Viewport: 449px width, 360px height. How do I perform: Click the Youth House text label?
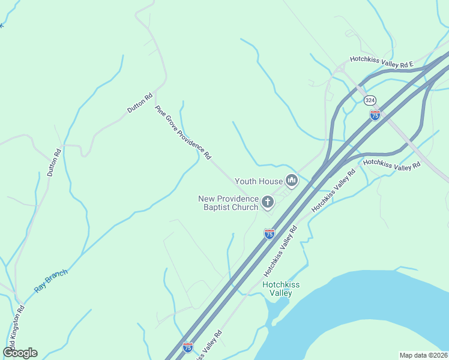[258, 181]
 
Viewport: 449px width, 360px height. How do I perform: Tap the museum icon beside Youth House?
[292, 181]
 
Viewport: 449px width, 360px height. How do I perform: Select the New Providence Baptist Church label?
[229, 203]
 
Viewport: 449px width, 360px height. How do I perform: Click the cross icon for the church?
[268, 203]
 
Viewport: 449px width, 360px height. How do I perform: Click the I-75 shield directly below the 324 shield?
[375, 115]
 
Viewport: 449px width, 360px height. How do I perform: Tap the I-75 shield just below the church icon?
[270, 233]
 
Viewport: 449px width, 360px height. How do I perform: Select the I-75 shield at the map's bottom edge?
[188, 347]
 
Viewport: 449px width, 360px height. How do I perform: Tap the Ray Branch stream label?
[51, 280]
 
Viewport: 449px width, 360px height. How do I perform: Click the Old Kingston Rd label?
[17, 324]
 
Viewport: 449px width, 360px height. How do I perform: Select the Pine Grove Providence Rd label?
[183, 133]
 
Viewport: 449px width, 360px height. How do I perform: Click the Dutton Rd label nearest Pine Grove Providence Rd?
[140, 103]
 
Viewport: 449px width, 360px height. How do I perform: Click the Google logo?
[20, 353]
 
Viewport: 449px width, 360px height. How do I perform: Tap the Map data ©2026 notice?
[423, 355]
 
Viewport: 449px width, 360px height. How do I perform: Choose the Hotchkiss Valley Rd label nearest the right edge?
[392, 164]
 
